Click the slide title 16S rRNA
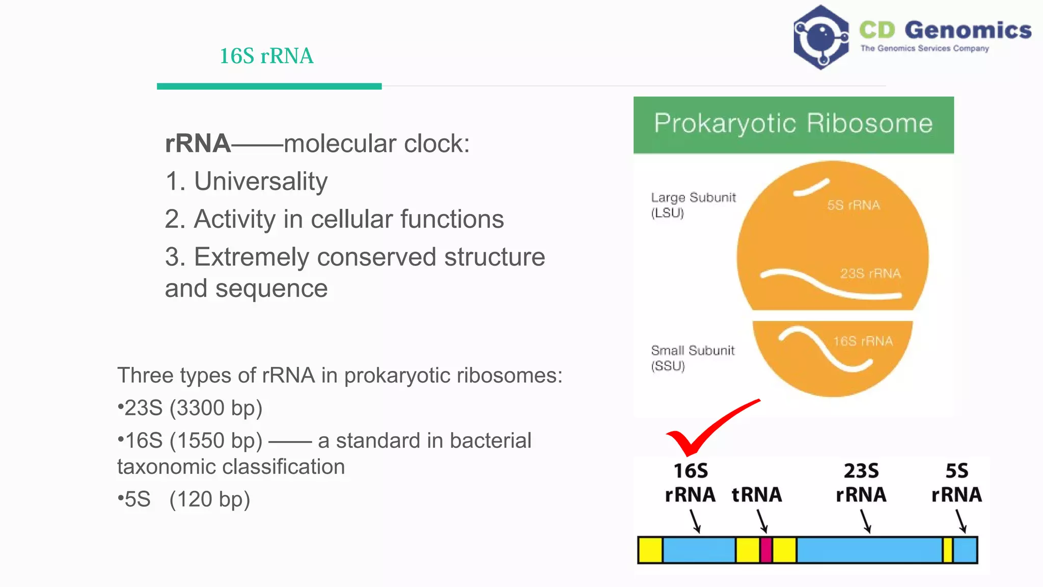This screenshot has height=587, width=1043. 266,56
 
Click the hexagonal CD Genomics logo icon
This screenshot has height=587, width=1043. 820,38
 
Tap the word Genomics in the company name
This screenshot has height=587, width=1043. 968,30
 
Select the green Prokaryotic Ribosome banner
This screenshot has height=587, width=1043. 793,125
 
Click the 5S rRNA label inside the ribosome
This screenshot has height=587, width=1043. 854,205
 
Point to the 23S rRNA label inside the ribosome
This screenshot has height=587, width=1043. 870,274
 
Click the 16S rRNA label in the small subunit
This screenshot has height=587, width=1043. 863,341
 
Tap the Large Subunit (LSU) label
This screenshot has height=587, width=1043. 693,205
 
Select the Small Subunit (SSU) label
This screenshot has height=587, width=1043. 692,358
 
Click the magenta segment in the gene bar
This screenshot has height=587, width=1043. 765,550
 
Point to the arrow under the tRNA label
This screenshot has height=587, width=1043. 762,522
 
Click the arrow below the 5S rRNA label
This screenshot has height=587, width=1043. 961,522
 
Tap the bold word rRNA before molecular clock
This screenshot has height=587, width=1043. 198,144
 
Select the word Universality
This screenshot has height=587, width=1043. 261,181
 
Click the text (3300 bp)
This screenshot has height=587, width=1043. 216,408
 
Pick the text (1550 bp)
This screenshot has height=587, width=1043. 216,441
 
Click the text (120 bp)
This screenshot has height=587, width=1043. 209,499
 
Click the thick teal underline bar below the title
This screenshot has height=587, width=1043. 269,87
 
